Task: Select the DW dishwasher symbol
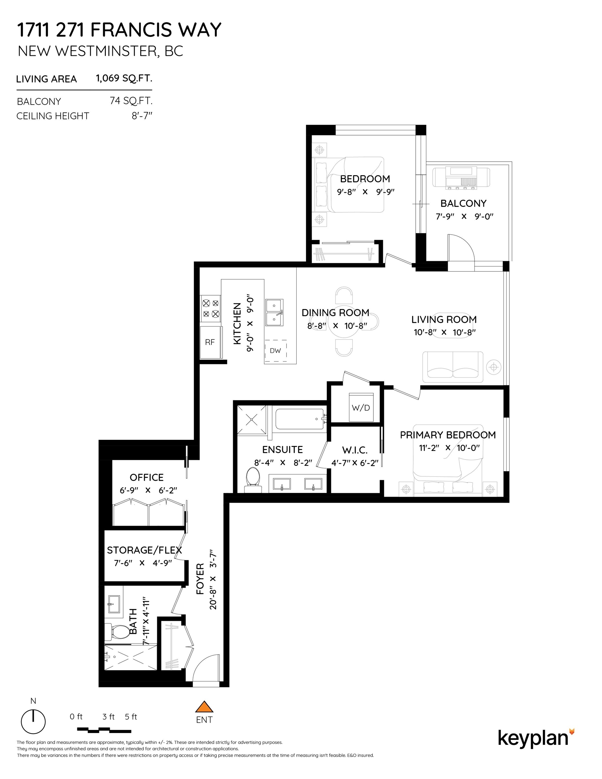275,350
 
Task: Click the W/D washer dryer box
361,407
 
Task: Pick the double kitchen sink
274,312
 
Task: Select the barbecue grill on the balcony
461,177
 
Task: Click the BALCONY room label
463,203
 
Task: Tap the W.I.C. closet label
355,450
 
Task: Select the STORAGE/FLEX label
144,550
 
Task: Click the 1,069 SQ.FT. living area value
124,78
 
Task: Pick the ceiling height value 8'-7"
142,116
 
